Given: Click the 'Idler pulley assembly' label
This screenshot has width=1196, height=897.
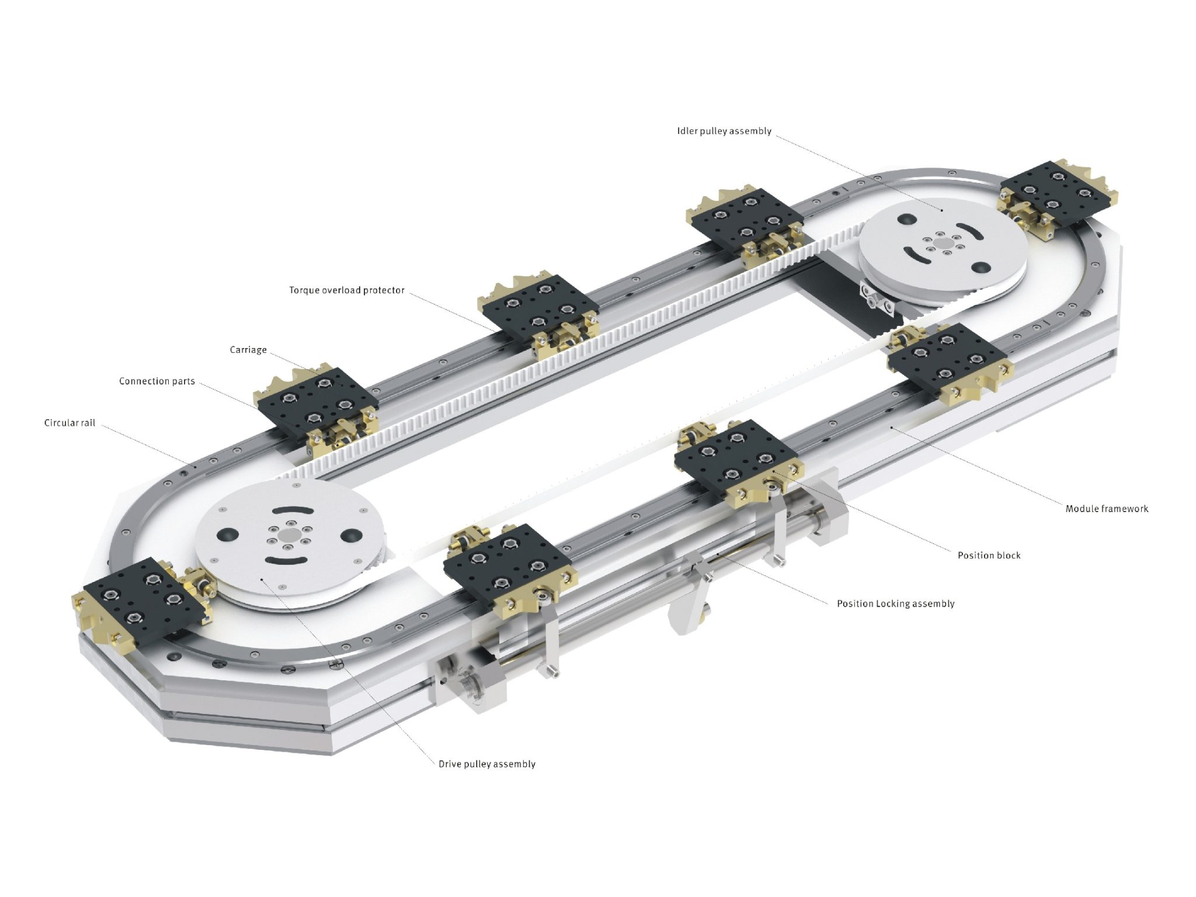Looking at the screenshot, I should (x=724, y=131).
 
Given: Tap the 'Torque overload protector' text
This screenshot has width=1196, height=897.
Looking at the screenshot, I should (x=346, y=290).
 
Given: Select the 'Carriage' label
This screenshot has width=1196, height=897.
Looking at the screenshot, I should (x=248, y=350).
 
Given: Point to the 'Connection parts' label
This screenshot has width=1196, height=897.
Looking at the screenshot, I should (x=157, y=381).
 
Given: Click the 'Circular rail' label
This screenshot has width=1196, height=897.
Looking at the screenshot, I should (x=69, y=423).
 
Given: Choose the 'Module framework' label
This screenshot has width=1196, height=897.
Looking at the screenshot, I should (x=1106, y=509).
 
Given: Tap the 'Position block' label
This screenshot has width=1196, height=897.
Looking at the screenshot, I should (x=989, y=555).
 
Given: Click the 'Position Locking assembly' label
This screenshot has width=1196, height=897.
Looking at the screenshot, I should (x=895, y=604).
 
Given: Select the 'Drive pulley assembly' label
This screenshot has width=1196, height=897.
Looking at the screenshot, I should (x=486, y=764).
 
